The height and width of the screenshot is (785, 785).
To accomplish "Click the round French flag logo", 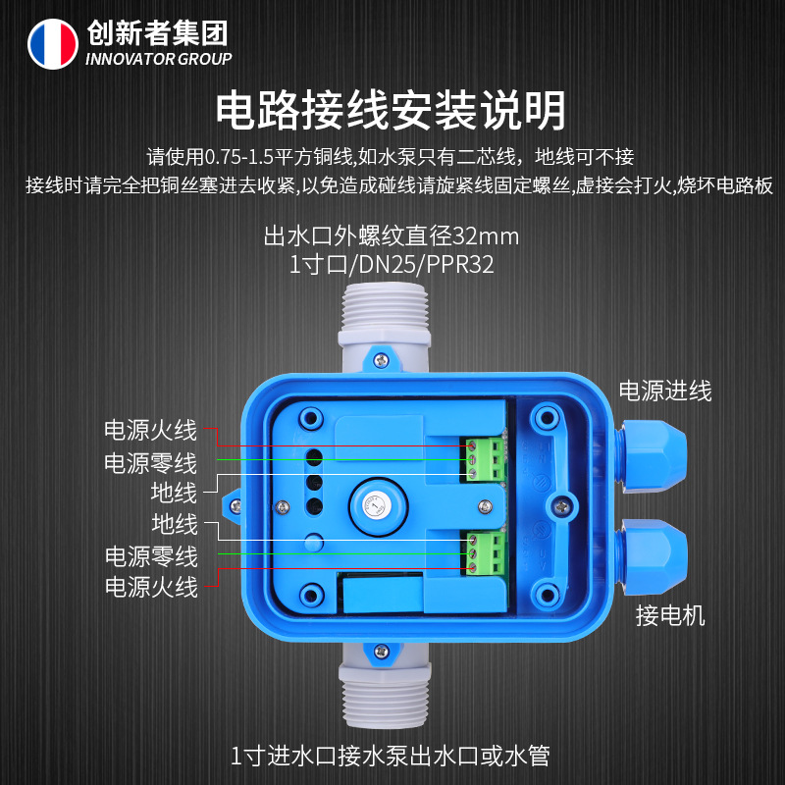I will [x=52, y=43].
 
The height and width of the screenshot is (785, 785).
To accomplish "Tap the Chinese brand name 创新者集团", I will [x=157, y=33].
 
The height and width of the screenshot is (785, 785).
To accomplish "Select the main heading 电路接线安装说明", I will [x=392, y=110].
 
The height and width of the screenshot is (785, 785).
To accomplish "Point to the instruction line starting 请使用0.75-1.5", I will [x=392, y=156].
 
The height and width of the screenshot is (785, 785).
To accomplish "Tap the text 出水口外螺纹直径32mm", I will [x=392, y=236].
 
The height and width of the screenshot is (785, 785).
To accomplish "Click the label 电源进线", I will [x=664, y=391].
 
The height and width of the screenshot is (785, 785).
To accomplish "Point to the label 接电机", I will [x=670, y=616].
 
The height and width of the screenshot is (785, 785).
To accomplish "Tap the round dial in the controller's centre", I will [x=374, y=507].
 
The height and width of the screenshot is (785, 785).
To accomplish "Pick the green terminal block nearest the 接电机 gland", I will [x=485, y=553].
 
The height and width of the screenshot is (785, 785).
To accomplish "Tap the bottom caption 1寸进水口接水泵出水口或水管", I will [x=391, y=756].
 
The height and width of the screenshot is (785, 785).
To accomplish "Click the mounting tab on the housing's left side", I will [x=235, y=503].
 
